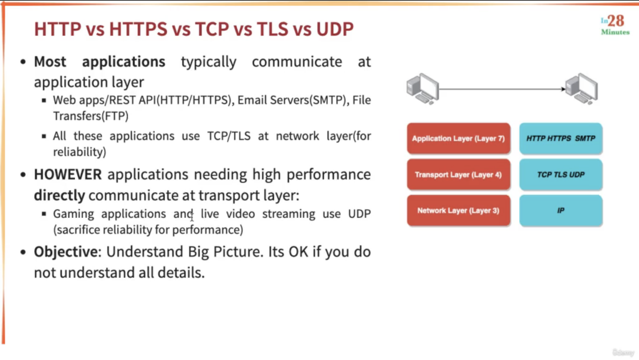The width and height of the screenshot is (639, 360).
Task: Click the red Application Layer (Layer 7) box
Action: (x=459, y=138)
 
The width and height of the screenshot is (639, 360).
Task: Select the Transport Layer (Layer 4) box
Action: (x=459, y=175)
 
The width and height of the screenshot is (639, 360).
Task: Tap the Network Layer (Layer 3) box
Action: (x=459, y=210)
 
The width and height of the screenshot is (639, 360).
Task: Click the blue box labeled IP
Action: (x=561, y=210)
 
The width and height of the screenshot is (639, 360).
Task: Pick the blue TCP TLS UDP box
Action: (x=561, y=175)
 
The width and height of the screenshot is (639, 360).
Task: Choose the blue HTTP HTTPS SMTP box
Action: (x=561, y=138)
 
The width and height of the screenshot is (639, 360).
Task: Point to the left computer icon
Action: (x=423, y=89)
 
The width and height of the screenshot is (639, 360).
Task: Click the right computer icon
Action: (x=581, y=89)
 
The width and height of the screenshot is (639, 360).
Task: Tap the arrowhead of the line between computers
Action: (x=564, y=89)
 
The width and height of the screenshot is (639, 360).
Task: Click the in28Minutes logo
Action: (x=615, y=25)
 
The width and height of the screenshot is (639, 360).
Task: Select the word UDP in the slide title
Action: (x=335, y=29)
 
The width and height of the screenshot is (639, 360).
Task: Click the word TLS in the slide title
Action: (x=272, y=29)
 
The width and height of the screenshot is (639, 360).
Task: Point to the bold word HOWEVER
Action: (x=68, y=174)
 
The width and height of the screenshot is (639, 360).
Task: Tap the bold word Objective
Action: (x=66, y=252)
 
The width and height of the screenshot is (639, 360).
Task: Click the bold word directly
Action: (x=59, y=195)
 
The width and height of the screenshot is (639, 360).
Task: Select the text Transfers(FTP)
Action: (x=91, y=116)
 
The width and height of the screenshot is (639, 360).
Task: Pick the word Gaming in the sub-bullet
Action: (x=74, y=214)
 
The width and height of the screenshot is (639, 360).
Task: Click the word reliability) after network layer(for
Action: (x=80, y=152)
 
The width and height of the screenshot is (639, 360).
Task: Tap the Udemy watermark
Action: (x=623, y=352)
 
